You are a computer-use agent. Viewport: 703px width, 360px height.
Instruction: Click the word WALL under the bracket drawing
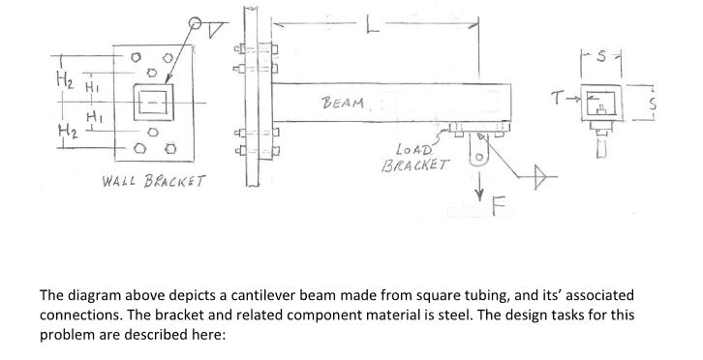pyautogui.click(x=121, y=182)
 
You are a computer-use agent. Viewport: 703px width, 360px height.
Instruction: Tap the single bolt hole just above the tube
pyautogui.click(x=150, y=73)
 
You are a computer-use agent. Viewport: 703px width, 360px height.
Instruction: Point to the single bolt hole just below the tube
pyautogui.click(x=149, y=133)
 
